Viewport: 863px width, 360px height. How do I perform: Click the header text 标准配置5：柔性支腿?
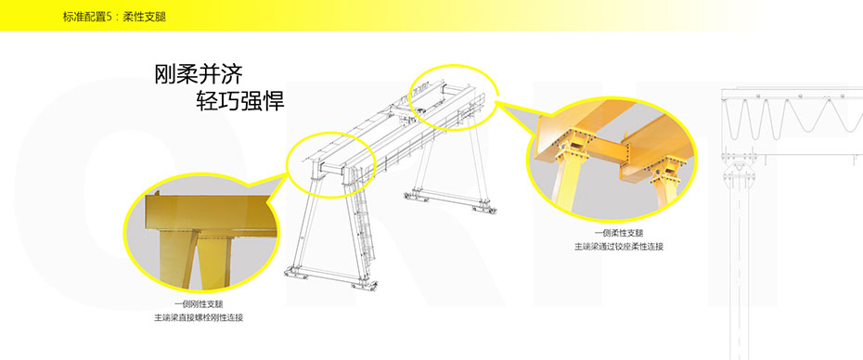[x=114, y=17]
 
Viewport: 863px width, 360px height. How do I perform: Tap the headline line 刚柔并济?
[x=199, y=74]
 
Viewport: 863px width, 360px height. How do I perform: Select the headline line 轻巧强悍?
[x=240, y=101]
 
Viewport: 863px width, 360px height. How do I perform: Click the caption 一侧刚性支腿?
[x=199, y=303]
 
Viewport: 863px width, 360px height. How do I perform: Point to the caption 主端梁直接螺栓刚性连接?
[x=199, y=317]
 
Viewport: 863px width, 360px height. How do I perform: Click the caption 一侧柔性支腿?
[x=619, y=233]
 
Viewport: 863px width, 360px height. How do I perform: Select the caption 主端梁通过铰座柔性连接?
[x=619, y=247]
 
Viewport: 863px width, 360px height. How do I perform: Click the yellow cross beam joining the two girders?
[x=606, y=149]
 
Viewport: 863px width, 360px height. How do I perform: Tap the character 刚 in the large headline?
[x=165, y=74]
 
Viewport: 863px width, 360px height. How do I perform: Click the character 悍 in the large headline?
[x=274, y=101]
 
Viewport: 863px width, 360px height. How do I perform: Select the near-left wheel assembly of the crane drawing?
[x=296, y=273]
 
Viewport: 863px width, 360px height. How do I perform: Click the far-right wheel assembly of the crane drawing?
[x=484, y=208]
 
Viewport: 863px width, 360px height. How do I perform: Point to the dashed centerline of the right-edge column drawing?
[x=739, y=270]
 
